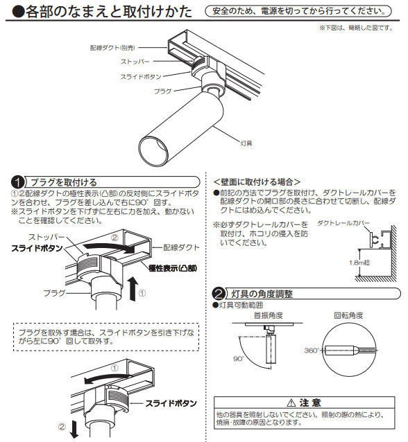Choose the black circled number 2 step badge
pyautogui.click(x=219, y=293)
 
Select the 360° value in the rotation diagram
pyautogui.click(x=312, y=351)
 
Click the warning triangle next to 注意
pyautogui.click(x=291, y=402)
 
